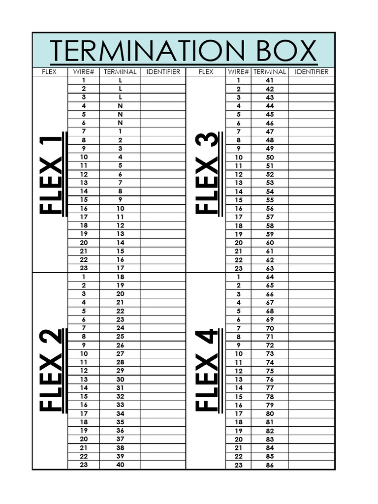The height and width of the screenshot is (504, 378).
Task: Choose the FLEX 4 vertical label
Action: [x=207, y=370]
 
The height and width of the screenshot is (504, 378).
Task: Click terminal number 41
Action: [x=269, y=80]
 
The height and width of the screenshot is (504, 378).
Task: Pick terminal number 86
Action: [x=269, y=465]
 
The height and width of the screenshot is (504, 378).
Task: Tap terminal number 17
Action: [x=120, y=268]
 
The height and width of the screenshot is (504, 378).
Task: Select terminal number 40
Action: [x=120, y=465]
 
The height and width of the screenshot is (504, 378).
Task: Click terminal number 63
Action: [x=269, y=269]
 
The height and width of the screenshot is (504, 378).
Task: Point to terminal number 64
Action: [x=269, y=277]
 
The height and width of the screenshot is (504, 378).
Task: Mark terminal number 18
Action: [x=120, y=277]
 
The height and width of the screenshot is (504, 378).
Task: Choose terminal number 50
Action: [x=269, y=157]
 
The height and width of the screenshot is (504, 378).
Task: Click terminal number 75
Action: [x=269, y=371]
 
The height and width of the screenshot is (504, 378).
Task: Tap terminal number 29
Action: [x=120, y=371]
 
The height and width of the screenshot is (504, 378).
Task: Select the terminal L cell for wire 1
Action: [x=120, y=80]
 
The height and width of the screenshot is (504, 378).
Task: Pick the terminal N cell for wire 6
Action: [x=120, y=123]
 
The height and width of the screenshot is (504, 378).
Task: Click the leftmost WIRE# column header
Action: [x=84, y=72]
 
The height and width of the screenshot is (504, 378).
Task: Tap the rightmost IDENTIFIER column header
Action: [x=311, y=72]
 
